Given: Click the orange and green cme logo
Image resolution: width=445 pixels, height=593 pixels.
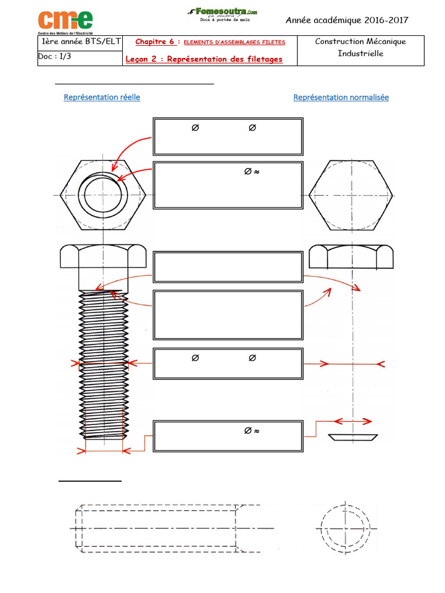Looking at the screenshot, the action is (x=65, y=21).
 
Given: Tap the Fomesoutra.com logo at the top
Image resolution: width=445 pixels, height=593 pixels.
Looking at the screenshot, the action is (x=222, y=14).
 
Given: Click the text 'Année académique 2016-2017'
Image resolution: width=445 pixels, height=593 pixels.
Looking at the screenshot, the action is (x=346, y=20).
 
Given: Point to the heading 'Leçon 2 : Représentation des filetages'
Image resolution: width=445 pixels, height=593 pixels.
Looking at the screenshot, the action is (x=204, y=59).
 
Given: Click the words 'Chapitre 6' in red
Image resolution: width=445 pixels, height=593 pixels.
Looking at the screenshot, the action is (x=155, y=42).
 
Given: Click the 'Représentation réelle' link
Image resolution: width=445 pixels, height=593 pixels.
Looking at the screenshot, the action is (x=102, y=97).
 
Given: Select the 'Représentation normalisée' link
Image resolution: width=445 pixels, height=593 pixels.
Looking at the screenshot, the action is (x=341, y=97).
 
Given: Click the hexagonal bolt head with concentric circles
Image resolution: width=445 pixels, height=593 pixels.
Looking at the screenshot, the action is (x=103, y=195).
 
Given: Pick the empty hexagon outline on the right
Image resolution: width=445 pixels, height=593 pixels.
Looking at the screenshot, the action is (x=351, y=195).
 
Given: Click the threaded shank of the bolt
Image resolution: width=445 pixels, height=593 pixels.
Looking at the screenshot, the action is (x=104, y=365).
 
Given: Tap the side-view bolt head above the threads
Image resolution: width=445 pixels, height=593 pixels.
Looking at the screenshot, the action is (x=103, y=267).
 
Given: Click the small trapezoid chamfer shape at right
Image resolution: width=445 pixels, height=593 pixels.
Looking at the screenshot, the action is (x=353, y=438).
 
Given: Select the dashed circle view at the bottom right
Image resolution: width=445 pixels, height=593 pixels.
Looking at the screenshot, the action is (x=345, y=528).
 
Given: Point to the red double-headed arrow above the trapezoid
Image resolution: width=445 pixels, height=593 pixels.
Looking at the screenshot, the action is (x=353, y=421).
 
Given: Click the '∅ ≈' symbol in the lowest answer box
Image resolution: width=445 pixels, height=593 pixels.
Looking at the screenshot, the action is (x=251, y=431).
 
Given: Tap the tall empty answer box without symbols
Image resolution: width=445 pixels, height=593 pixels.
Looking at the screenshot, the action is (x=228, y=315).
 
